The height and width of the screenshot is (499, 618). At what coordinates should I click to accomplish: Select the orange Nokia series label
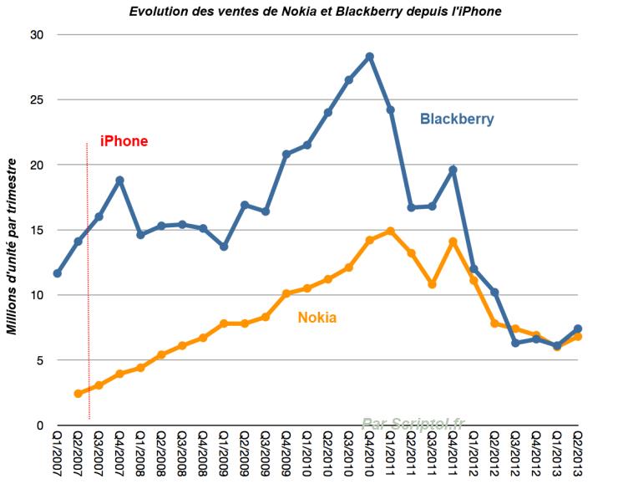click(317, 318)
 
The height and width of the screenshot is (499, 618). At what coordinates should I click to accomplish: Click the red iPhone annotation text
click(124, 141)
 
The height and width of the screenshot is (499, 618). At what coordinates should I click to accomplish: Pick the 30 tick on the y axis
click(36, 35)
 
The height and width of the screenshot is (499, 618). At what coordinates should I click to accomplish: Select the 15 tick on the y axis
click(36, 230)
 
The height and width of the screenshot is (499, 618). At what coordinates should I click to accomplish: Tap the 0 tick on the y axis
click(39, 425)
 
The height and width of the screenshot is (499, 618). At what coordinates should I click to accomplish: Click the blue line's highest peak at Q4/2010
click(370, 57)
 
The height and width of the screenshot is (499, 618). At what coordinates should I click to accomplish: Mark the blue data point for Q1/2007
click(57, 273)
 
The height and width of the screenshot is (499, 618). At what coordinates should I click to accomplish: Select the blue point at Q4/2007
click(119, 181)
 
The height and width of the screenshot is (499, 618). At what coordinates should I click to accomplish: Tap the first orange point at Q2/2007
click(78, 394)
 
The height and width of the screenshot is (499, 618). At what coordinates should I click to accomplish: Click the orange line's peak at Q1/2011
click(391, 231)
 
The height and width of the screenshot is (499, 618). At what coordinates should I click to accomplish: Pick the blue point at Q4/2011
click(453, 170)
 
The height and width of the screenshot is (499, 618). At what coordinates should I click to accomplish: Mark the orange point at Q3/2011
click(433, 284)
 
